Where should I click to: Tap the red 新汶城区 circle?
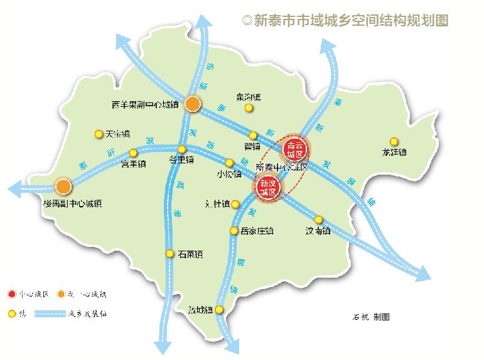click(269, 185)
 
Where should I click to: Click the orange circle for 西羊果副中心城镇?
click(193, 104)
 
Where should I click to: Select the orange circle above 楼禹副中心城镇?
click(63, 186)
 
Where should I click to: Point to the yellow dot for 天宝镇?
click(99, 134)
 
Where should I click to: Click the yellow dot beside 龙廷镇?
click(394, 141)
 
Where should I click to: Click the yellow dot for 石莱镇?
click(169, 254)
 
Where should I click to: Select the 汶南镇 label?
click(318, 231)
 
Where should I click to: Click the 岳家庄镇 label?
click(257, 231)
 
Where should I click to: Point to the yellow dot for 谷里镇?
click(182, 150)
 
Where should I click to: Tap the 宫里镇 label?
click(133, 165)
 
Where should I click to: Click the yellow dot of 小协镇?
click(229, 163)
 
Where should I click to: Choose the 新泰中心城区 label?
click(282, 168)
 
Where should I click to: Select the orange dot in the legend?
click(61, 293)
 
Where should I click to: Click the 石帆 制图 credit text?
click(371, 317)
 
